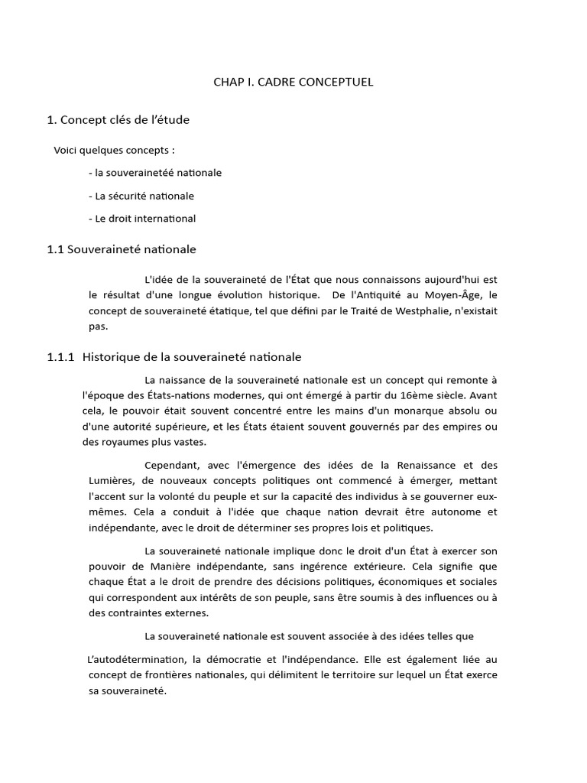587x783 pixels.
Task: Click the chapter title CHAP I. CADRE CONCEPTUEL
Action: (x=293, y=82)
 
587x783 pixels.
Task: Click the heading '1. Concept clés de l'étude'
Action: (x=118, y=119)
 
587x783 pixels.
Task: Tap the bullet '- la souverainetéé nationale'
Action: (x=155, y=173)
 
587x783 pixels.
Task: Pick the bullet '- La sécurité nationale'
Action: (x=141, y=196)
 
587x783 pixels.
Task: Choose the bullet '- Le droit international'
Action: (x=142, y=219)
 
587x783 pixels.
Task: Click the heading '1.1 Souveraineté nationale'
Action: (x=122, y=249)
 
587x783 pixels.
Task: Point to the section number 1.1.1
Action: (x=61, y=357)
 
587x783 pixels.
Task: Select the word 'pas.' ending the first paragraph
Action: (x=99, y=327)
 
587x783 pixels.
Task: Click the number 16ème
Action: (x=423, y=396)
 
